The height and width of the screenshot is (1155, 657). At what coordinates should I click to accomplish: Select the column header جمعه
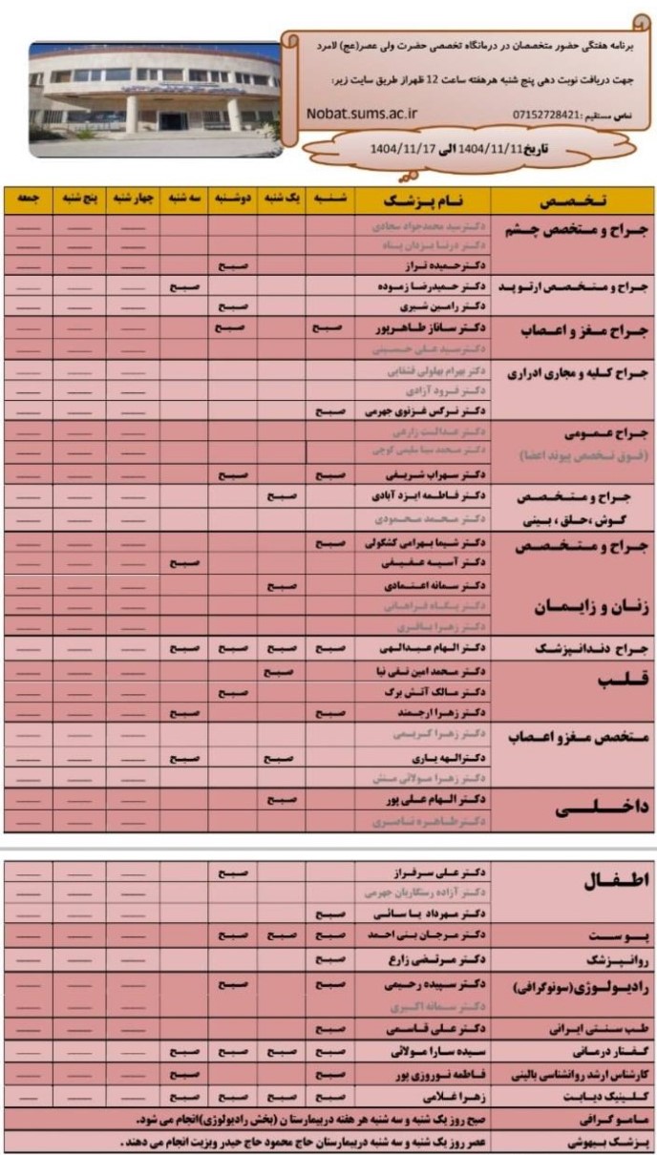[x=29, y=199]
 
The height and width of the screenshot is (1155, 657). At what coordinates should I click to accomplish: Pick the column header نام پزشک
[x=423, y=200]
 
